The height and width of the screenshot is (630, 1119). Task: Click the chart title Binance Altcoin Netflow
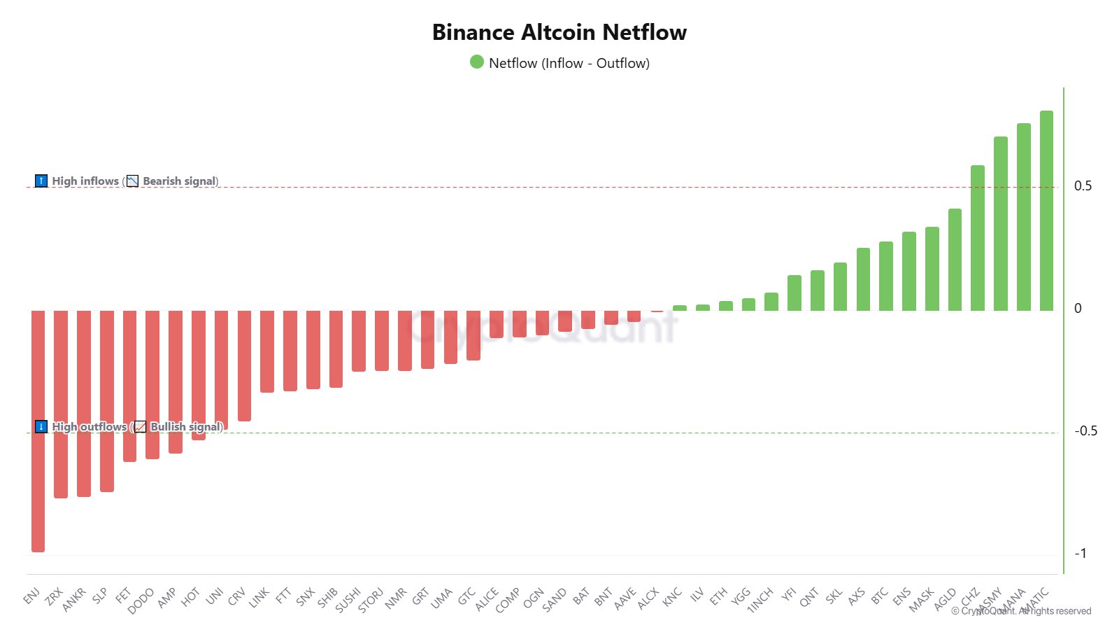point(559,32)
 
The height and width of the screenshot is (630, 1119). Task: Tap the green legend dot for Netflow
point(477,62)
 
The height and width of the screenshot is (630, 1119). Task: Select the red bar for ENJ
point(38,430)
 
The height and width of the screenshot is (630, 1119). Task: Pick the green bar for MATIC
point(1046,210)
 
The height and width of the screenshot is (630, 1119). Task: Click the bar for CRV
point(244,365)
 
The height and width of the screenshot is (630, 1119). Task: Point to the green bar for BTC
point(885,276)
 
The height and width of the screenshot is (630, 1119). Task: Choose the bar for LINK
point(267,351)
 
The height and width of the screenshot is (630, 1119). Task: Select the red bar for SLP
point(107,400)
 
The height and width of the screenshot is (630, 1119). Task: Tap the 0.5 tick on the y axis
point(1083,185)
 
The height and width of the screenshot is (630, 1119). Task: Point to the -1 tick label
point(1081,553)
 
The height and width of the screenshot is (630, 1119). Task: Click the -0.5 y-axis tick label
point(1085,430)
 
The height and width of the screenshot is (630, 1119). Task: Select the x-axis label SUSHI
point(348,600)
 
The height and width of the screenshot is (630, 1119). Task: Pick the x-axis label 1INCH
point(760,600)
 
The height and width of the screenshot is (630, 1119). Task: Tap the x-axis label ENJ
point(31,596)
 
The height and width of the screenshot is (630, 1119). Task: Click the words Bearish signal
point(180,181)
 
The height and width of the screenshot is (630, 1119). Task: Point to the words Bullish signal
point(186,426)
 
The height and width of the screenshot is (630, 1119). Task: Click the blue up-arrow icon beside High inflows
point(41,181)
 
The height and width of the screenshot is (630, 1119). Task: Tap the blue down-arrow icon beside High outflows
point(41,426)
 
